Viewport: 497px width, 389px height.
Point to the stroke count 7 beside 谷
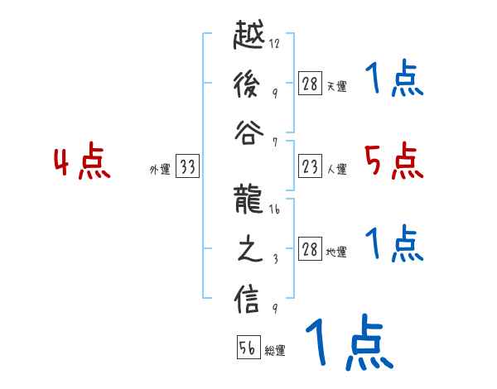pos(274,142)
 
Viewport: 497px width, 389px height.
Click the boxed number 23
pos(310,167)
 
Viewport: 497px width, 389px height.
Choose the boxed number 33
pos(186,167)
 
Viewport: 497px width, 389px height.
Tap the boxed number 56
pos(248,348)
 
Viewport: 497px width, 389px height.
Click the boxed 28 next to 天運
pos(310,84)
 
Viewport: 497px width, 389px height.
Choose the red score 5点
pos(393,161)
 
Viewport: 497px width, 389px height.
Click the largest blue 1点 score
pos(348,342)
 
